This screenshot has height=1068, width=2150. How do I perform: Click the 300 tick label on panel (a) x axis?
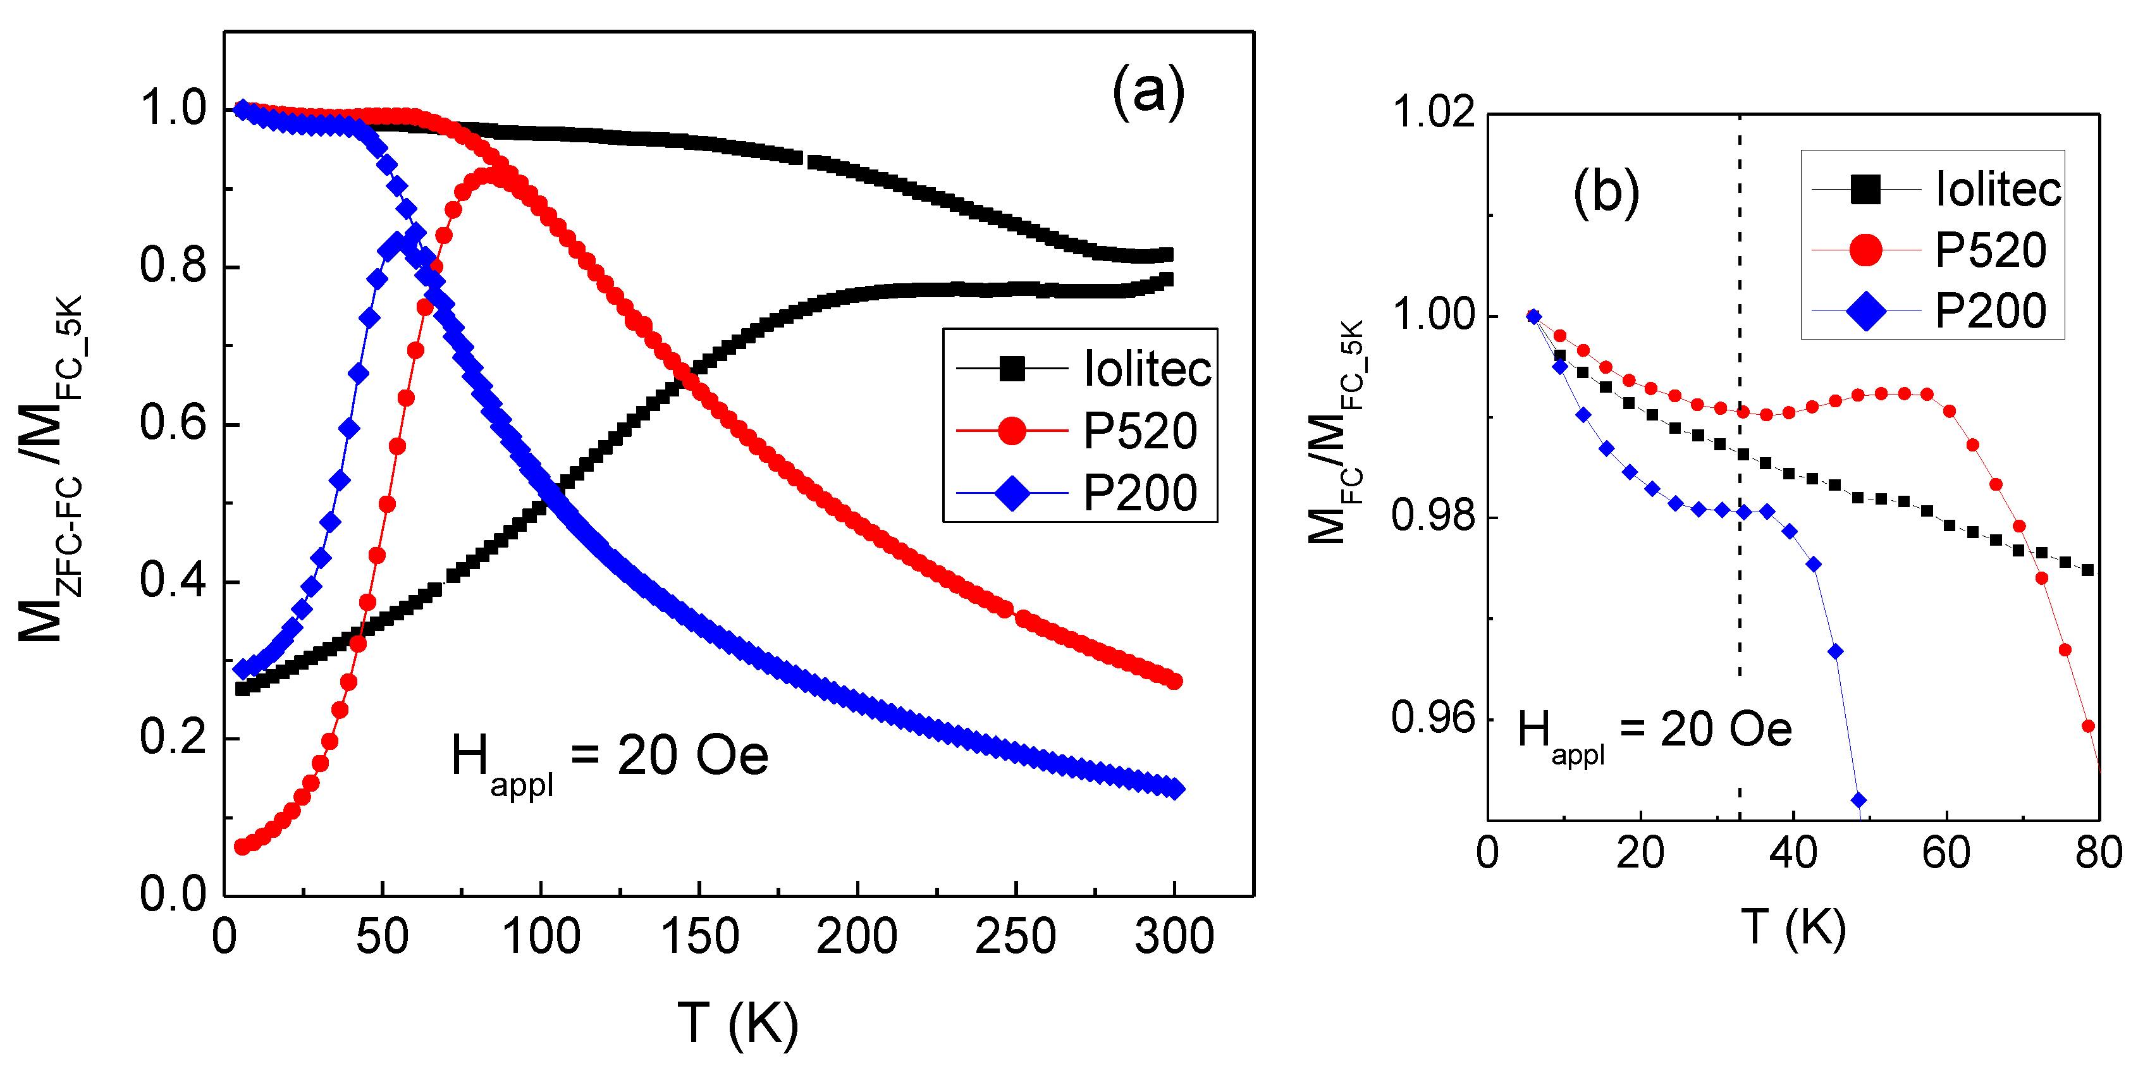coord(1174,936)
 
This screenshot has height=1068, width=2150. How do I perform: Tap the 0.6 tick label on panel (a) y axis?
coord(173,423)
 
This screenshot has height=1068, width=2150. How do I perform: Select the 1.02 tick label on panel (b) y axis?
coord(1433,113)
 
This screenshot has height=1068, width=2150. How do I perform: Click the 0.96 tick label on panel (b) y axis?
coord(1433,718)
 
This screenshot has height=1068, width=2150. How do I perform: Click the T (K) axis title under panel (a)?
coord(738,1023)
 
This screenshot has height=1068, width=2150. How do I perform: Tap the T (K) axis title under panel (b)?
coord(1793,927)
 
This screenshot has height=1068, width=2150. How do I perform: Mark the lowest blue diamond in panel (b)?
coord(1858,800)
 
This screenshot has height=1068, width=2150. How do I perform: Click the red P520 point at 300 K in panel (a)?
coord(1174,682)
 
